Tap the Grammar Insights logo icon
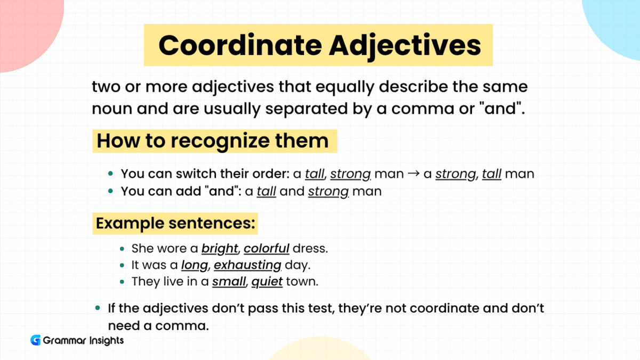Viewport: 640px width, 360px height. (36, 340)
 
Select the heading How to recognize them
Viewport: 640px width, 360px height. (213, 141)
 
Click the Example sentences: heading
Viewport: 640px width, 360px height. (175, 223)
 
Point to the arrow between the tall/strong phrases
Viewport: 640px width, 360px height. (413, 174)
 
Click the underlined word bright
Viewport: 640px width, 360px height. (219, 249)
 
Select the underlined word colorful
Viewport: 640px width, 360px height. (267, 249)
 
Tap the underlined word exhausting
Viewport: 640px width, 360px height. (247, 265)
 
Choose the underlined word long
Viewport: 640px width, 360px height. (194, 265)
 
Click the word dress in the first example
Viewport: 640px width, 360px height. (308, 249)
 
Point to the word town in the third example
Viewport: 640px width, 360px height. (302, 282)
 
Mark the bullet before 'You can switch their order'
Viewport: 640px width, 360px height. (110, 174)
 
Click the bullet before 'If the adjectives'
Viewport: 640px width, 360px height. (98, 308)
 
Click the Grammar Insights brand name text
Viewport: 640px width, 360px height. (84, 340)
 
